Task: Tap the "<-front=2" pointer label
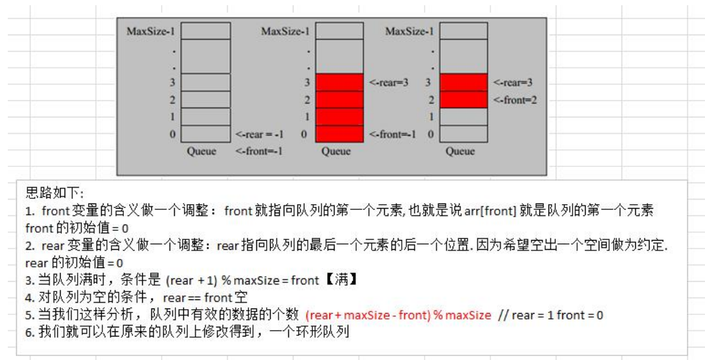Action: click(x=515, y=101)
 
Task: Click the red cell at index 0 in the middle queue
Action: click(x=338, y=134)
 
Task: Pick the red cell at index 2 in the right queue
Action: click(x=463, y=100)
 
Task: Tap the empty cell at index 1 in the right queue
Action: click(x=463, y=117)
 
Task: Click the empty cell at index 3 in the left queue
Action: click(x=205, y=83)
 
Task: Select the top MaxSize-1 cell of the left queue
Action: click(x=205, y=31)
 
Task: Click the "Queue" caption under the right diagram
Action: click(x=460, y=152)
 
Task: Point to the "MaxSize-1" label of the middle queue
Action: click(x=285, y=31)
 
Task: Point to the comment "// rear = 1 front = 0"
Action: click(x=550, y=316)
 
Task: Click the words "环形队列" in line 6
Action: click(x=329, y=333)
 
